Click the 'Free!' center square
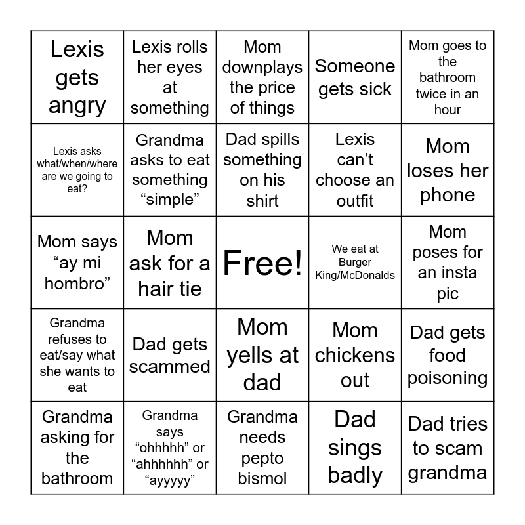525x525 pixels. pos(262,263)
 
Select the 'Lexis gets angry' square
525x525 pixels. pos(77,77)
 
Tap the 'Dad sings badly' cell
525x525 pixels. pos(355,448)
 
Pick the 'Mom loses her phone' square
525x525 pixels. pos(448,171)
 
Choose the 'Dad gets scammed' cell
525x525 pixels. pos(170,355)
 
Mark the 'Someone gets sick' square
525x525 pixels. pos(355,77)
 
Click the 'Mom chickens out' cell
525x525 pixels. pos(355,355)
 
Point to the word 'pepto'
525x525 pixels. pos(262,458)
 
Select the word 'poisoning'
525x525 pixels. pos(448,378)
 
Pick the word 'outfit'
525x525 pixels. pos(355,201)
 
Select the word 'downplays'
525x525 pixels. pos(262,67)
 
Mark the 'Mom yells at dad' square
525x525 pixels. pos(262,355)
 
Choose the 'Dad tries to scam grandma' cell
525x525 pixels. pos(448,448)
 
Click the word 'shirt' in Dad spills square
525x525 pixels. pos(262,201)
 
